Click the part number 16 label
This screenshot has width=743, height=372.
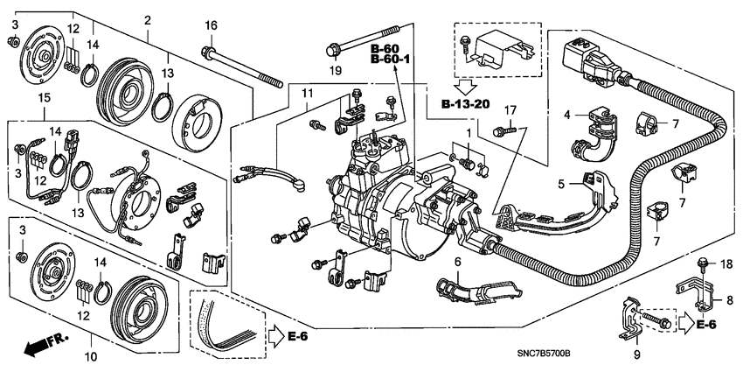211,25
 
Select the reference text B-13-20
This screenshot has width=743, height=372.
466,104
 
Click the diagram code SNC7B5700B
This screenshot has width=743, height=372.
543,354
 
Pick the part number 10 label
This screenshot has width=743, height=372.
93,355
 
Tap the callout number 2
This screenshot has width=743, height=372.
148,20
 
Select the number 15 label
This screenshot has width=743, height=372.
44,98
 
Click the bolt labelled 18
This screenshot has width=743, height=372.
702,262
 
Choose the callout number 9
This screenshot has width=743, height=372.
637,354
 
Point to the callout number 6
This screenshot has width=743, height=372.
458,262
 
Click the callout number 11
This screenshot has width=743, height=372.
308,94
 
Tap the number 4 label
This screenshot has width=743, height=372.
567,115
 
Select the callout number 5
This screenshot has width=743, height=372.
561,183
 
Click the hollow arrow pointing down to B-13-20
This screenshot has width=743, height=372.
466,87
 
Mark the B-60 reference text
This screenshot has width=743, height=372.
385,48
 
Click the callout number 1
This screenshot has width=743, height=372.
469,134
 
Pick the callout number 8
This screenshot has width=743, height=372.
730,300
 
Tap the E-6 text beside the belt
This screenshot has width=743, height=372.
297,336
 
